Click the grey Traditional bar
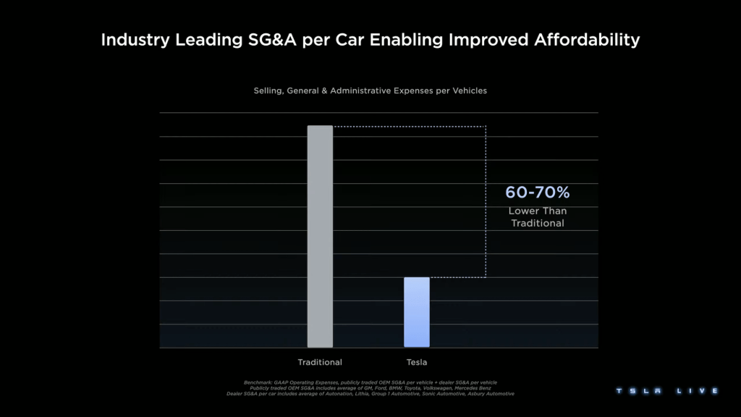[x=320, y=236]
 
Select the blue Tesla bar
[x=416, y=312]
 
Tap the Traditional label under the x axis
[x=320, y=362]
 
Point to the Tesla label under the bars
[x=416, y=362]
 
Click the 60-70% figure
[x=538, y=193]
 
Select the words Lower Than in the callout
[x=538, y=211]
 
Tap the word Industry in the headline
[x=135, y=40]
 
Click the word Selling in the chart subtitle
[x=268, y=91]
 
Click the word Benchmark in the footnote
[x=258, y=382]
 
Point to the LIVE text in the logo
[x=698, y=391]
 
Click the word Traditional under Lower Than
[x=538, y=223]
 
